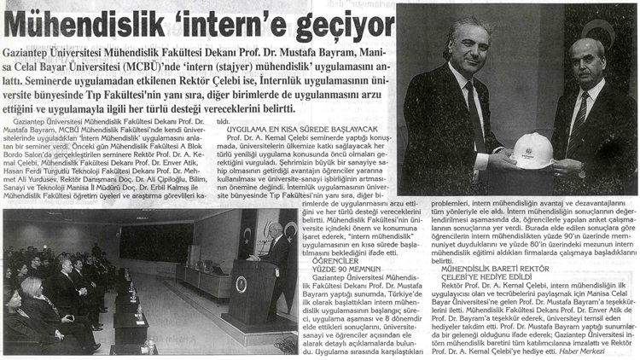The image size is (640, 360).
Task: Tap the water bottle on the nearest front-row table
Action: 148,345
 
